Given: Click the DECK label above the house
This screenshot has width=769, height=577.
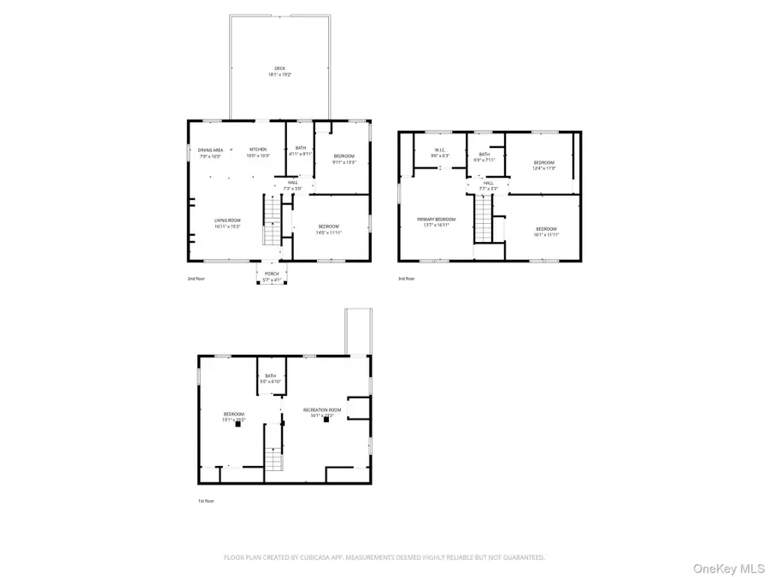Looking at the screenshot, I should click(x=279, y=68).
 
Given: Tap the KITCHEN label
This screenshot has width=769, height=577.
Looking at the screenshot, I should click(x=258, y=150).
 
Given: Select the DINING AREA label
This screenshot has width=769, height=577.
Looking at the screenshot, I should click(x=211, y=150).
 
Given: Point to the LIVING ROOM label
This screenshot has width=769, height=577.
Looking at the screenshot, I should click(x=227, y=221).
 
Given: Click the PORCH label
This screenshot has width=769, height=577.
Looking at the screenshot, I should click(x=272, y=274).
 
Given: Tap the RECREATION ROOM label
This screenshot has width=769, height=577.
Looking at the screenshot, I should click(x=322, y=410).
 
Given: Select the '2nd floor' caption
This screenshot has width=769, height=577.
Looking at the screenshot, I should click(x=197, y=279).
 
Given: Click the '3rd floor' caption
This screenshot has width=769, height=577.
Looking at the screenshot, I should click(x=407, y=279).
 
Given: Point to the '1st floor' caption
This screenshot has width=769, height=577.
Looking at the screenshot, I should click(x=206, y=502).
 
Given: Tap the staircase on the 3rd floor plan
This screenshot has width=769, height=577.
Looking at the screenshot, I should click(x=485, y=219).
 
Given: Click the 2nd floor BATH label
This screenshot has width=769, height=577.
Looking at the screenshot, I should click(x=301, y=148).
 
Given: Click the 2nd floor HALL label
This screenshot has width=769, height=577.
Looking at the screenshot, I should click(x=292, y=182).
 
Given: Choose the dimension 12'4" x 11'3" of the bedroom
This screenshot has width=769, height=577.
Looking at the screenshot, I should click(x=545, y=168).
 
